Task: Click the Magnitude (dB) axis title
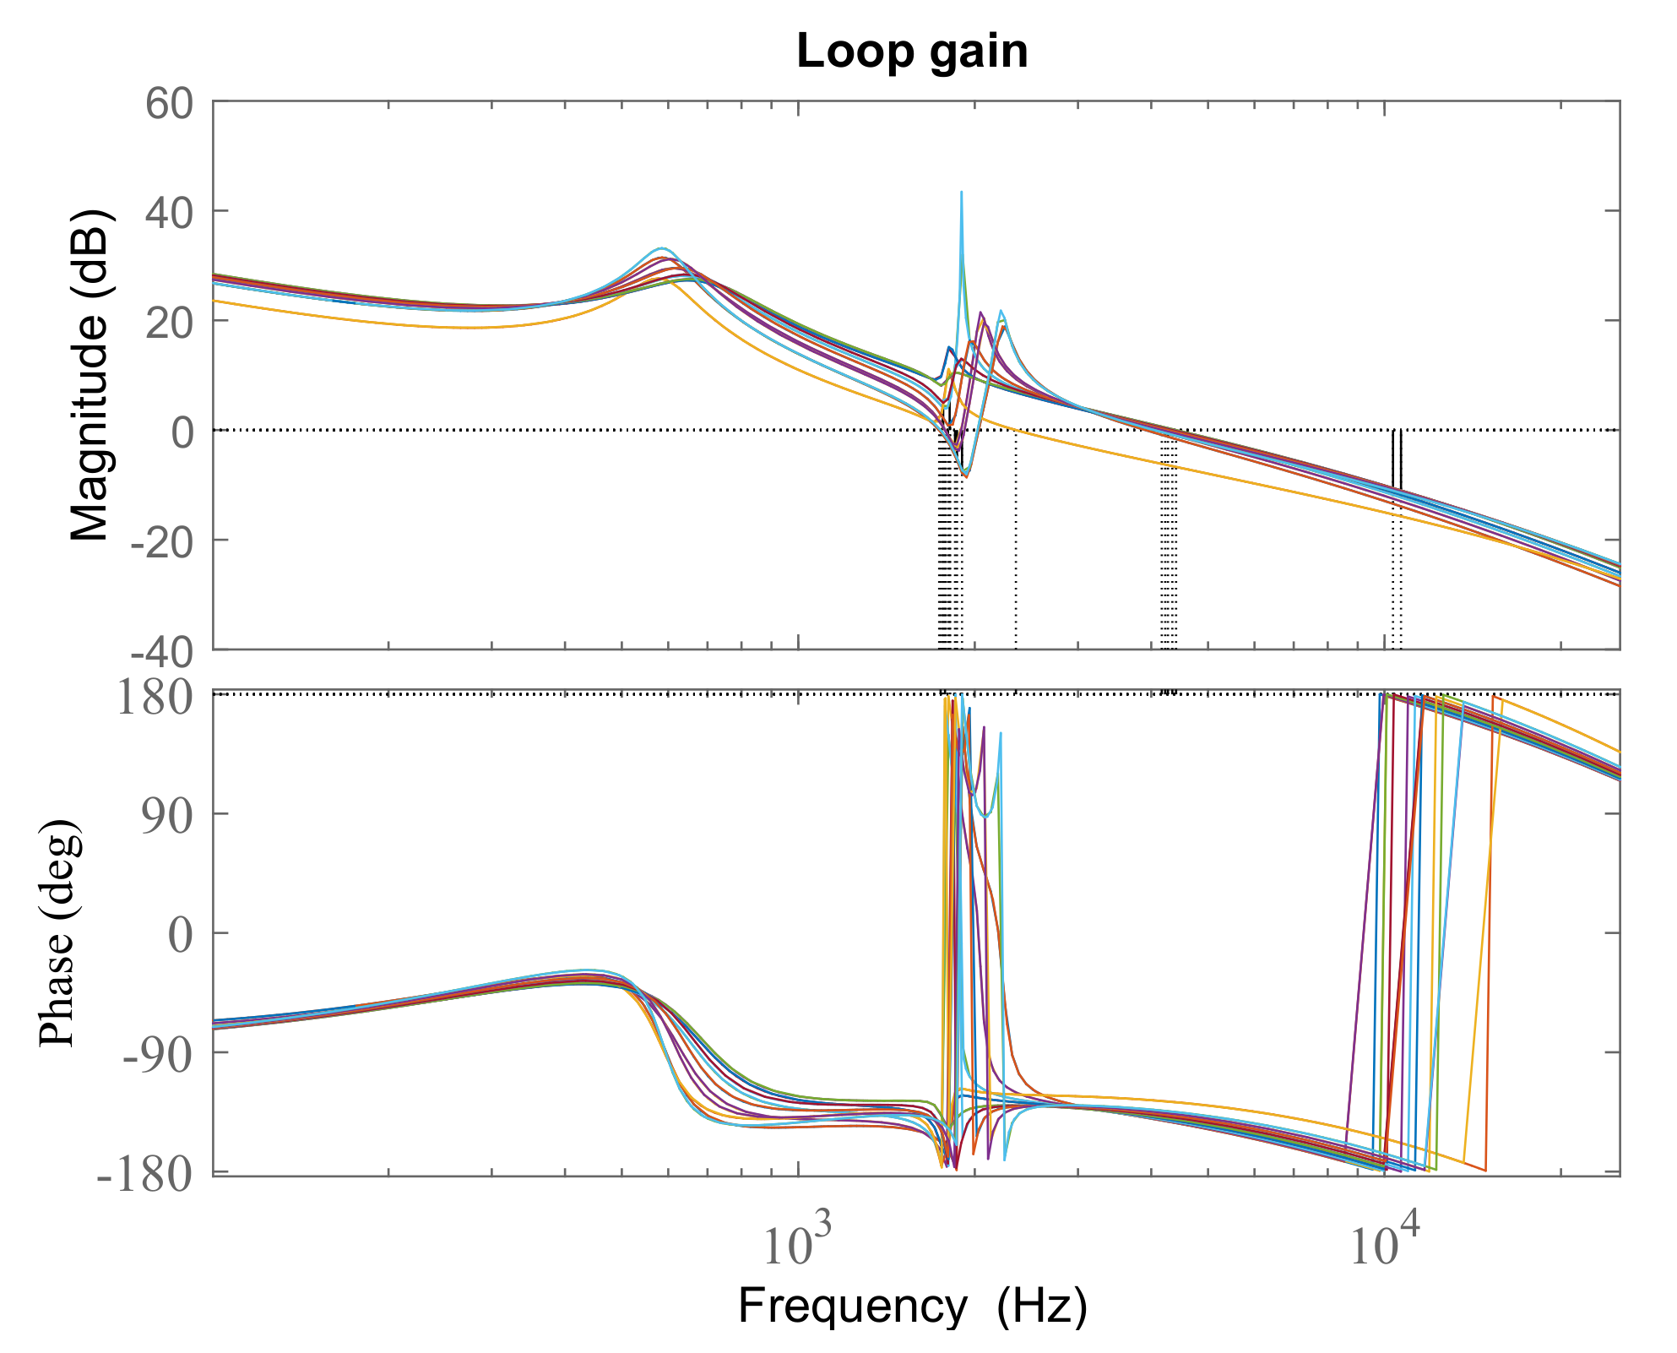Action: pyautogui.click(x=90, y=376)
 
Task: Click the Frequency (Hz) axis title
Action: pyautogui.click(x=912, y=1307)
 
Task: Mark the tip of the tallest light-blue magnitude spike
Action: pyautogui.click(x=961, y=193)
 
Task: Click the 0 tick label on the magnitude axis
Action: pyautogui.click(x=182, y=432)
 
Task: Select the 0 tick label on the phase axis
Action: pyautogui.click(x=181, y=935)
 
